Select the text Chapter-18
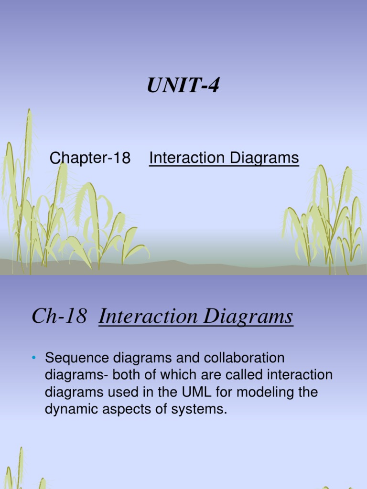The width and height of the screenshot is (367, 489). click(x=90, y=158)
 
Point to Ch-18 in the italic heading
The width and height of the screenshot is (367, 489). click(x=59, y=317)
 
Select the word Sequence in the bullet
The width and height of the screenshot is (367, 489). click(x=75, y=358)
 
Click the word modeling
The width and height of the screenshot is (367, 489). click(x=258, y=393)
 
